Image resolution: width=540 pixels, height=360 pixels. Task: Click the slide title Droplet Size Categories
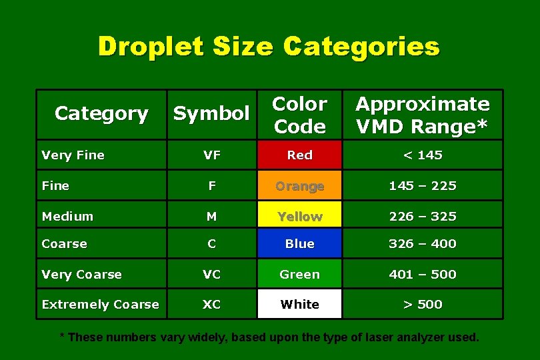point(269,47)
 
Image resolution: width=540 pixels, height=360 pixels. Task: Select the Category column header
point(101,114)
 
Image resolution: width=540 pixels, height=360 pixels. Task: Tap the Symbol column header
point(211,114)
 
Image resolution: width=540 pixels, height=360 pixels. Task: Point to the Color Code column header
point(299,115)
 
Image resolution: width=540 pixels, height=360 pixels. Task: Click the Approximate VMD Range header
point(422,115)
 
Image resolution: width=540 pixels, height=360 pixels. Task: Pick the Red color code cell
point(299,155)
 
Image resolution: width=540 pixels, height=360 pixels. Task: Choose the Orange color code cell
point(299,186)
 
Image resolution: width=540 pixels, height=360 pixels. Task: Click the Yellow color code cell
point(299,216)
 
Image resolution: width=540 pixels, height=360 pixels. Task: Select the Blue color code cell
point(299,244)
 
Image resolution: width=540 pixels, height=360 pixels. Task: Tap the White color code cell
point(299,304)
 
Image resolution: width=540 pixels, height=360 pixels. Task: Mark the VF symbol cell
point(211,155)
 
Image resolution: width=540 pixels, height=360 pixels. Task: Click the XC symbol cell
point(211,304)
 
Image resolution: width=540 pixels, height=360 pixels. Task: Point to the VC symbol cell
point(211,274)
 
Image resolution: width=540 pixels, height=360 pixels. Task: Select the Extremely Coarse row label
point(100,305)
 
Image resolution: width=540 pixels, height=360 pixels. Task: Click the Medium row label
point(67,216)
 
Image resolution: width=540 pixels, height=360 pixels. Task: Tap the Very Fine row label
point(73,155)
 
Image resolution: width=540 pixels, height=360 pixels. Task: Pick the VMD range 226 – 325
point(423,216)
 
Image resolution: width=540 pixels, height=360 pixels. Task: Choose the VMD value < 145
point(423,155)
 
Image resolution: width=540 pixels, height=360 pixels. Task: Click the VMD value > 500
point(423,304)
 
